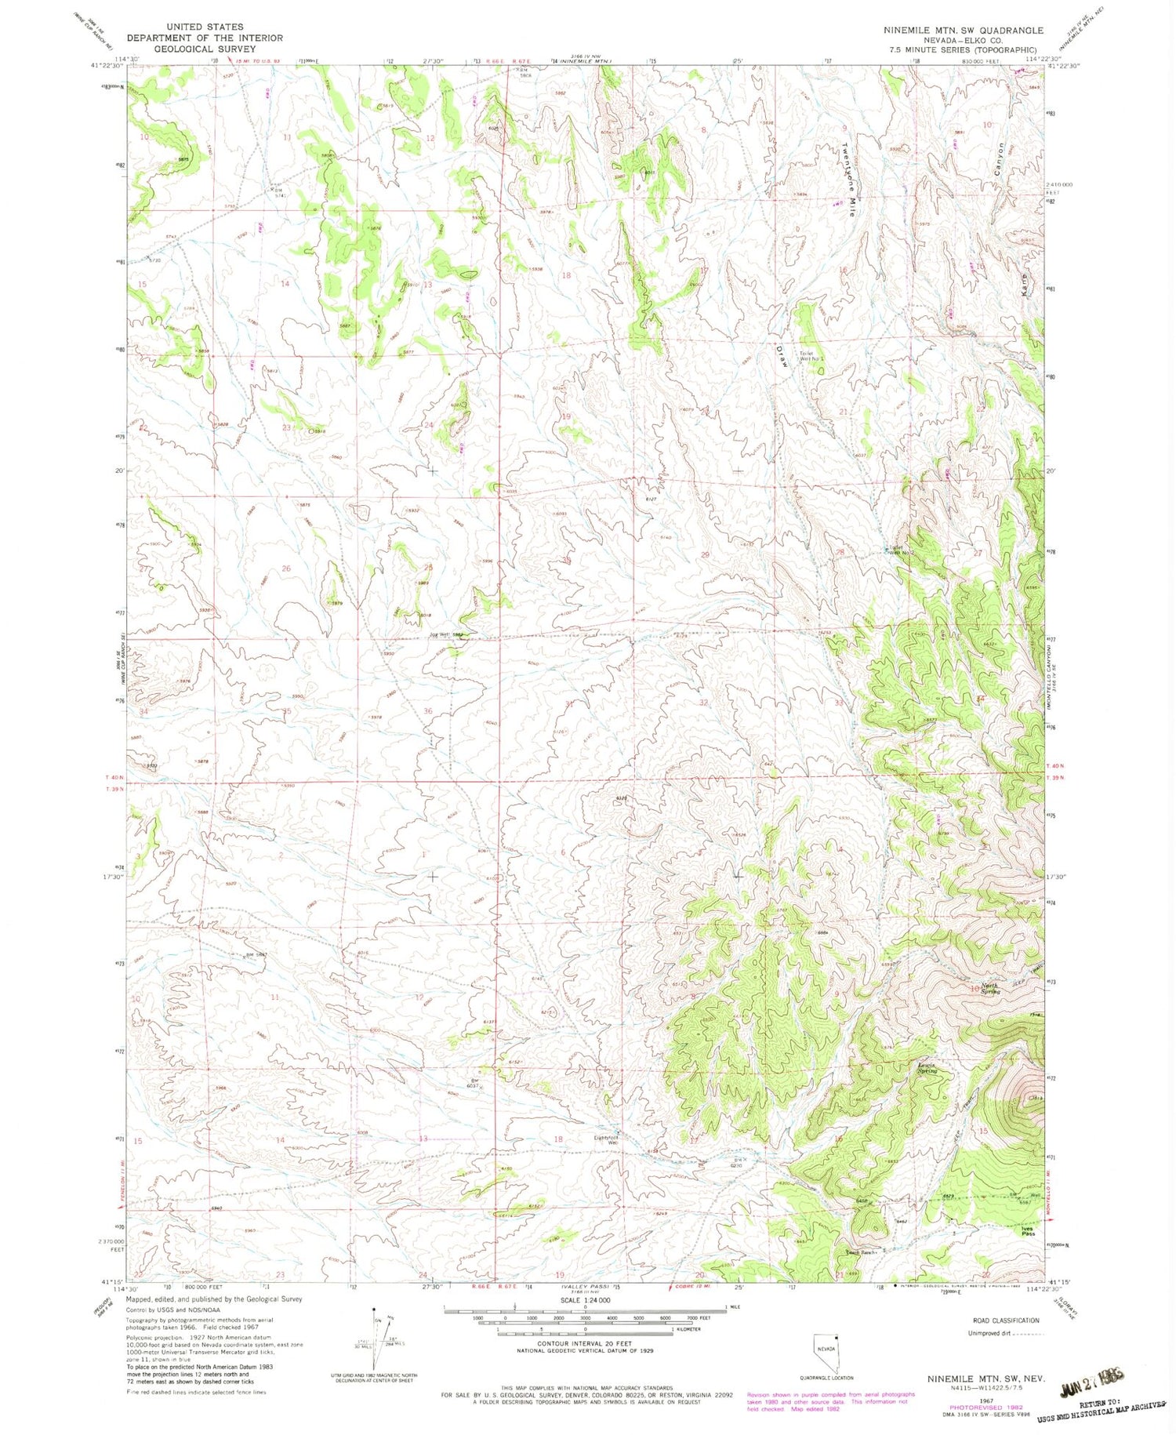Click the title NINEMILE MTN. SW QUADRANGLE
(x=963, y=31)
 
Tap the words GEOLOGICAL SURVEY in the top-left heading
(x=205, y=49)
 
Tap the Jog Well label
(x=442, y=634)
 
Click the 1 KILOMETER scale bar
(x=584, y=1330)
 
